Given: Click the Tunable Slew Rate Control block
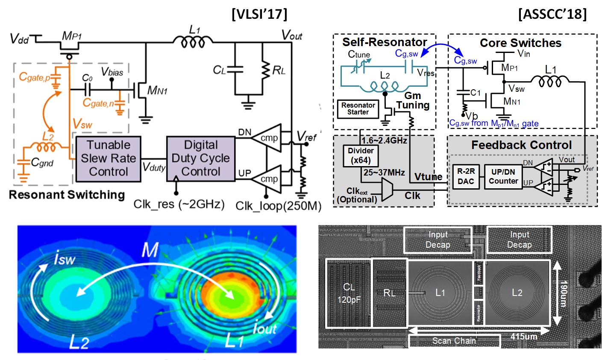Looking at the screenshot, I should (108, 158).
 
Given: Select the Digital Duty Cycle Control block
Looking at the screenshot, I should (200, 158).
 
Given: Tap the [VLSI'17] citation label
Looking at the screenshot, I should (259, 14).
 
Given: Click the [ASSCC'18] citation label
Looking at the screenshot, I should (552, 14).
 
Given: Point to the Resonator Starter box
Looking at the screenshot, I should (358, 109).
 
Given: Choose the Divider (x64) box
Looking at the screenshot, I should (361, 156).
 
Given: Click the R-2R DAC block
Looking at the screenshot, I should (466, 176).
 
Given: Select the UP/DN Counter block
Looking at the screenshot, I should (503, 176).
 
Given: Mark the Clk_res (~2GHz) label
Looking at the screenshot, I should (179, 204).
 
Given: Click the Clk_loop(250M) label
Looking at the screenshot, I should (278, 206).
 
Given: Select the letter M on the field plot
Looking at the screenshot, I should (150, 250).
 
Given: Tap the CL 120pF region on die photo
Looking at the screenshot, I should (349, 293).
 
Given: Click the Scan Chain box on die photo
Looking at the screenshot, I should (454, 341).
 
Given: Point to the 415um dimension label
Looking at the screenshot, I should (524, 337).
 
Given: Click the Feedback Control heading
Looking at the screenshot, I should (521, 145).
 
